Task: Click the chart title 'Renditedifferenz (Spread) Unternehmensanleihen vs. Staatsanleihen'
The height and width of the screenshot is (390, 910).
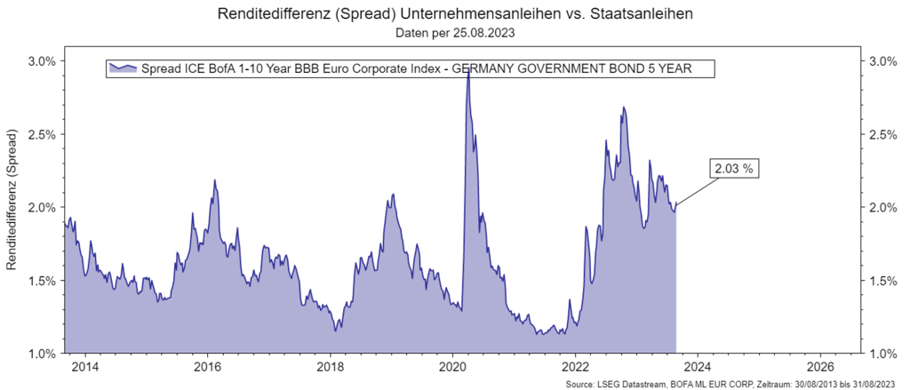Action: (x=454, y=15)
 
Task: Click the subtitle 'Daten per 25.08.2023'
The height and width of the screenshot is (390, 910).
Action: (x=454, y=34)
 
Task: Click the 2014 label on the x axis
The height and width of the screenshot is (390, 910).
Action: (x=84, y=366)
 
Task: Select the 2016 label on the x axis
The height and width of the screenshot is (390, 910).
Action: (x=207, y=366)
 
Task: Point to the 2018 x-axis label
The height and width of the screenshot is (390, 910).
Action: (x=330, y=366)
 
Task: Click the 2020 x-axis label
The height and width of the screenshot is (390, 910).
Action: (x=453, y=366)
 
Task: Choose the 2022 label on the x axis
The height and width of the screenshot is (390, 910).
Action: (x=576, y=366)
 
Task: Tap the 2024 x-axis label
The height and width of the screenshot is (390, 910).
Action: (x=698, y=366)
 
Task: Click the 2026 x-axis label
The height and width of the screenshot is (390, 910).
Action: (x=821, y=366)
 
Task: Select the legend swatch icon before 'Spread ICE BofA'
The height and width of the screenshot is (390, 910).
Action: (x=122, y=68)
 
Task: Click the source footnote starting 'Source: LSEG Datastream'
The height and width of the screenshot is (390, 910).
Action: (x=736, y=384)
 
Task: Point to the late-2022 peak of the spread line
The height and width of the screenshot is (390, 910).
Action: (x=624, y=107)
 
